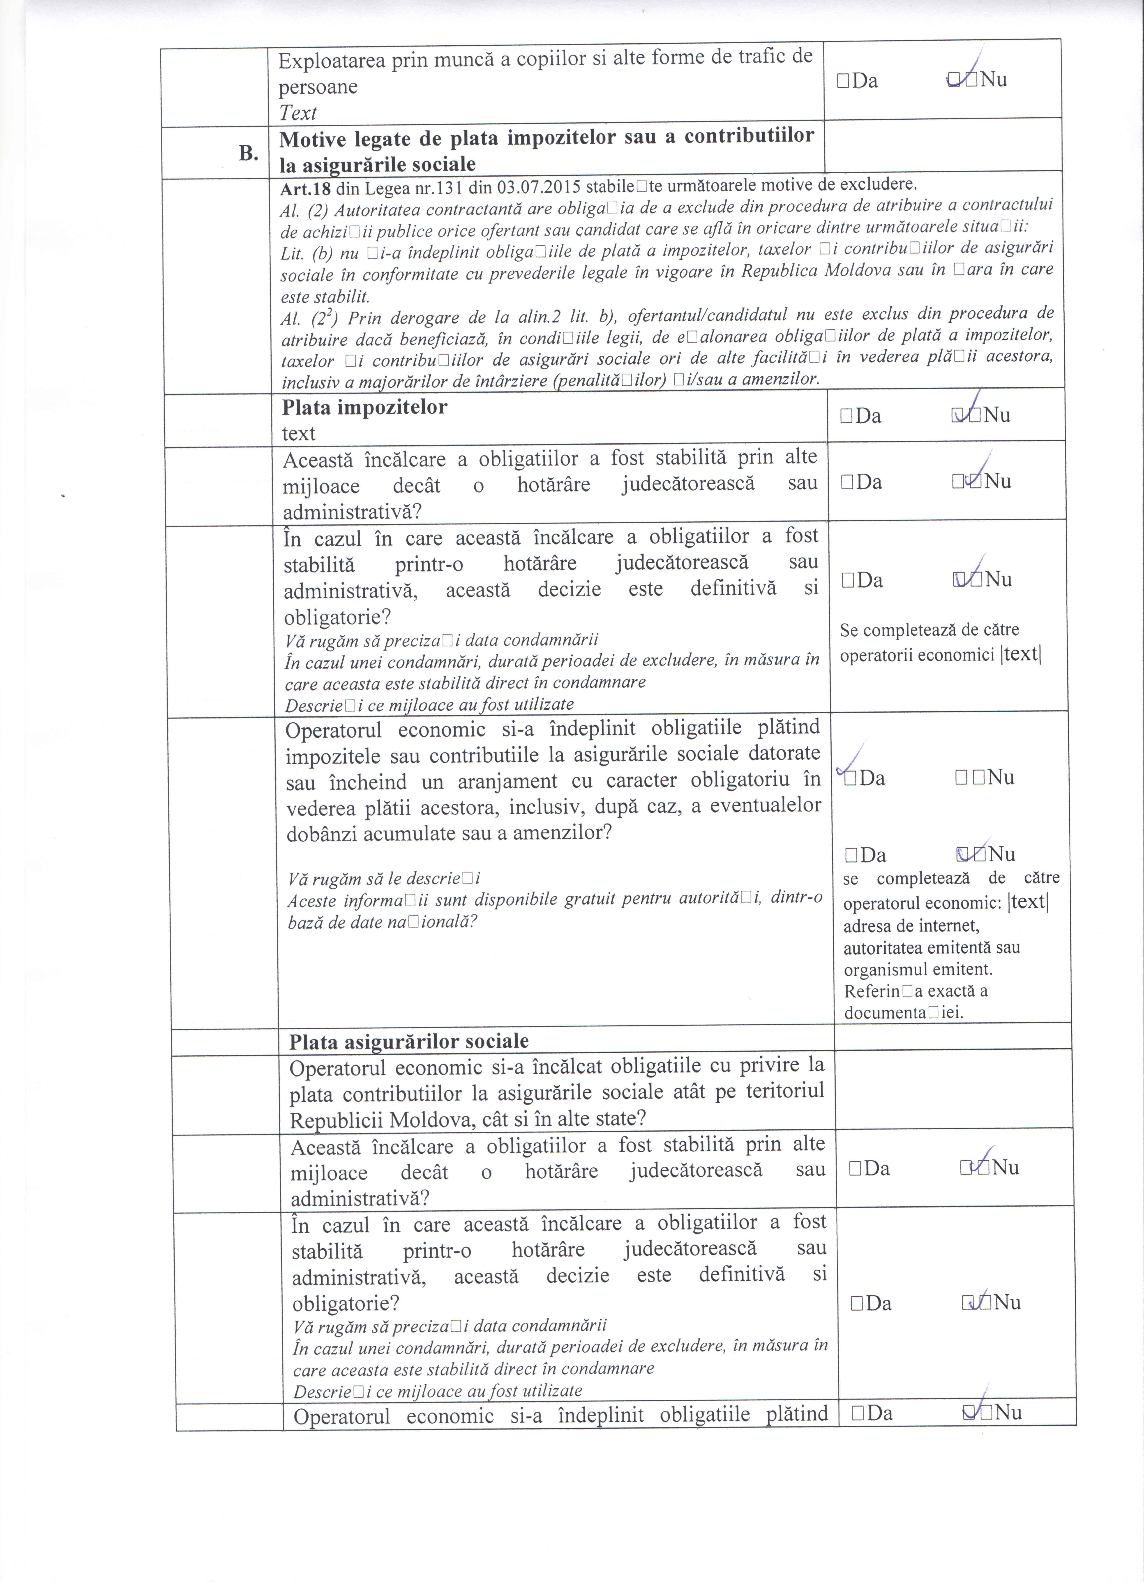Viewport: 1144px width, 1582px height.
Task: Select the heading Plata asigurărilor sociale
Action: coord(408,1041)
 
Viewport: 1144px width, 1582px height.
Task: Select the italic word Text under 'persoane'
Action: coord(298,113)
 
